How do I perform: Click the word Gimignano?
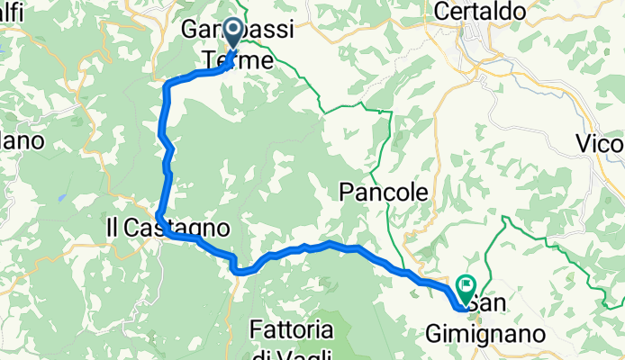[x=496, y=334]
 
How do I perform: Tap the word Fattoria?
[x=294, y=328]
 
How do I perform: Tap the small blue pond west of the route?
[x=60, y=195]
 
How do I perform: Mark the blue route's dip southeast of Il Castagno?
[x=236, y=268]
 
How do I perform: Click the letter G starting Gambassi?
[x=191, y=30]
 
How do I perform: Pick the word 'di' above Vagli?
[x=262, y=354]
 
